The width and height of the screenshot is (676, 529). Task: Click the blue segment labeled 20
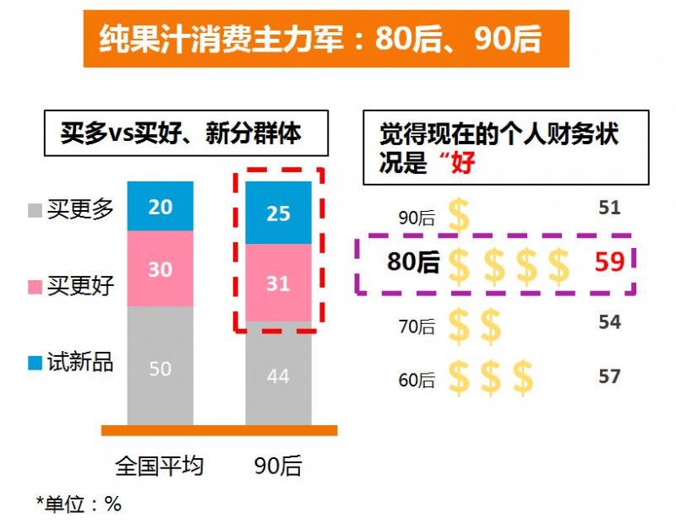(161, 205)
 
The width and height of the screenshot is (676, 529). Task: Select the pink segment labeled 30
(161, 268)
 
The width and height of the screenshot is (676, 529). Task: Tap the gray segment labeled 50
(161, 367)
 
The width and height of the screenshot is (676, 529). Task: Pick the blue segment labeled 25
(278, 212)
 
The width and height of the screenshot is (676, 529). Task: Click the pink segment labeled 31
(278, 283)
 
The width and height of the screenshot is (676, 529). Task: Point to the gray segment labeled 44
(278, 375)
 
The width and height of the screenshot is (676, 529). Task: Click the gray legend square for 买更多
(34, 209)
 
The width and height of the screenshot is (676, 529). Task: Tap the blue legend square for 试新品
(34, 363)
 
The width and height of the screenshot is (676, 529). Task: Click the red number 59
(608, 262)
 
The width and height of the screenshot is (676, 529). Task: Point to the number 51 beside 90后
(608, 208)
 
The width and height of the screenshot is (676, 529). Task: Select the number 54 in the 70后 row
(608, 322)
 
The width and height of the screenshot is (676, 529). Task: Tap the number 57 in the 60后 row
(608, 376)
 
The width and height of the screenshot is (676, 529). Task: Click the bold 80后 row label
(413, 262)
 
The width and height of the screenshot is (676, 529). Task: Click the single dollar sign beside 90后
(459, 216)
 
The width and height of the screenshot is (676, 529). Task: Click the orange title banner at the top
(325, 38)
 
